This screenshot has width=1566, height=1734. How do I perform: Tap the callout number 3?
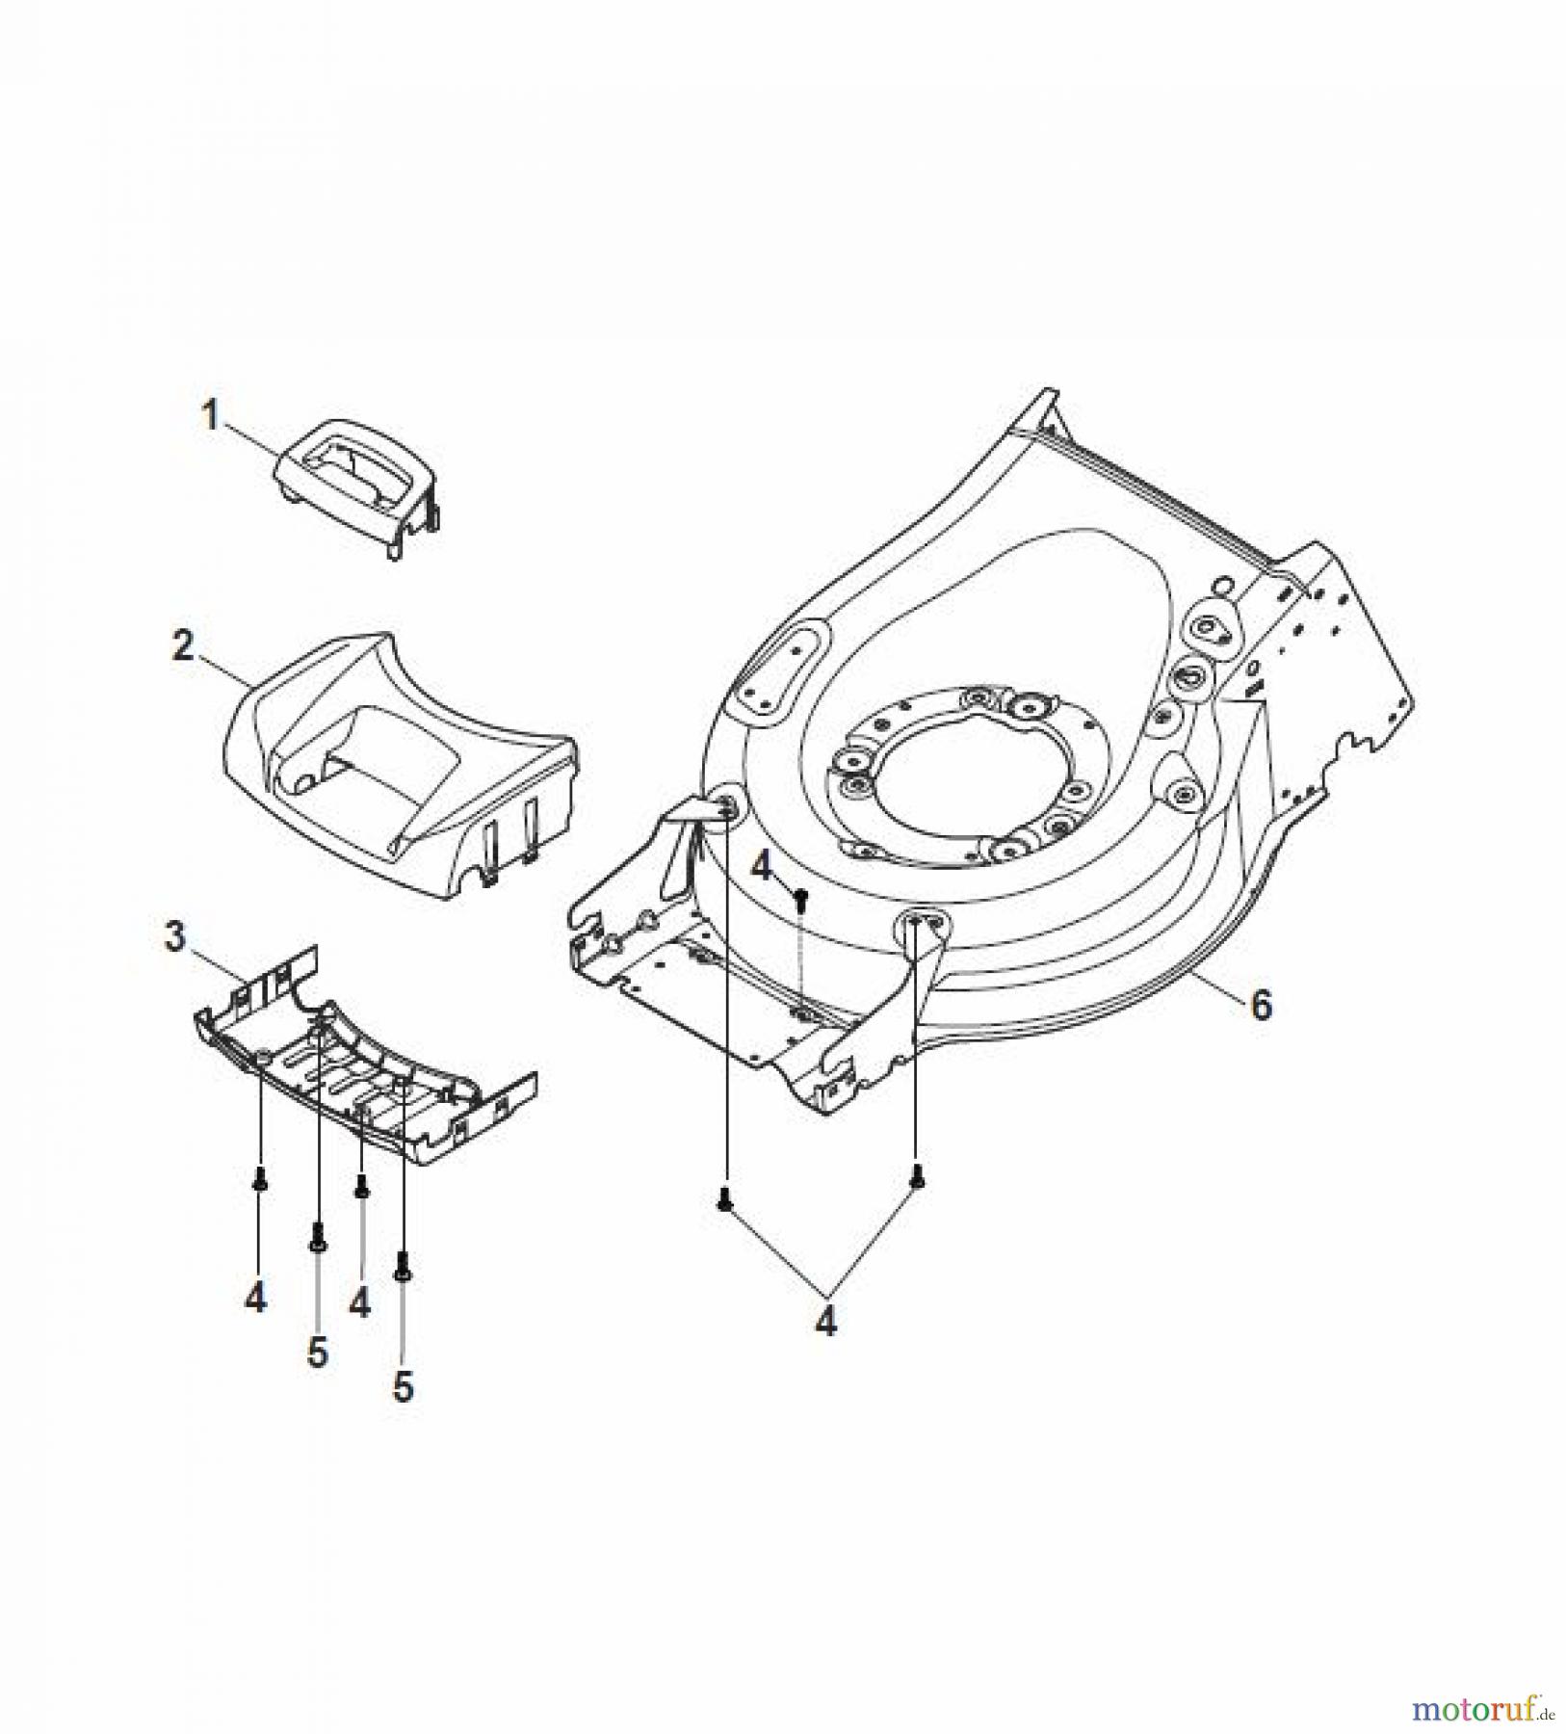point(174,936)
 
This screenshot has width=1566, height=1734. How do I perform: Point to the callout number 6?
point(1261,1005)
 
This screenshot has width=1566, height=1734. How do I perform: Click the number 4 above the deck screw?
point(762,868)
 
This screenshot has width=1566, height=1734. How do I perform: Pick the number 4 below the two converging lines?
point(825,1323)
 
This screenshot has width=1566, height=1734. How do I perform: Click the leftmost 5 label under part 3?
point(317,1353)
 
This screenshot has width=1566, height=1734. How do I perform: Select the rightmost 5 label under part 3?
point(403,1387)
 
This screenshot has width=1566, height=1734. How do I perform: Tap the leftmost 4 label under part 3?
point(254,1299)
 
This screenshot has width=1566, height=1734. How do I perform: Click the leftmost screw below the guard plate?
point(258,1177)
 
